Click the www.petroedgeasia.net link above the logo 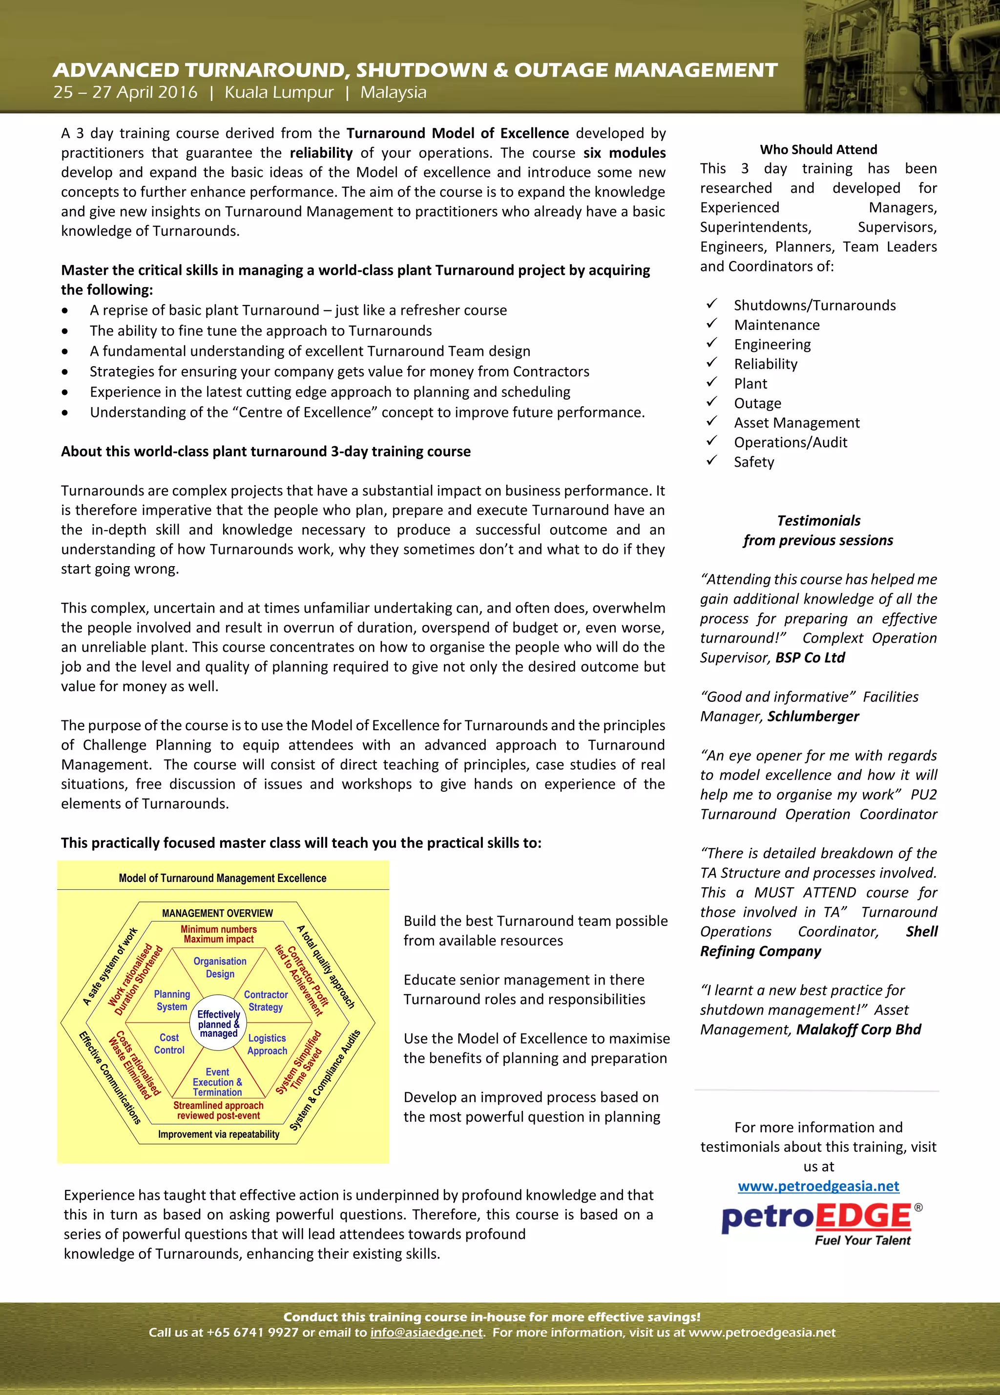[818, 1186]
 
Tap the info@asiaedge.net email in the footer [426, 1332]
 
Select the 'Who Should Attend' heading [818, 149]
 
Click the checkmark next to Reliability [712, 363]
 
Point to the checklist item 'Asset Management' [796, 423]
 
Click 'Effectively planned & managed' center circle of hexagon [218, 1024]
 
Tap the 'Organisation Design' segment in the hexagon [220, 967]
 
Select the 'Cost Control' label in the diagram [169, 1044]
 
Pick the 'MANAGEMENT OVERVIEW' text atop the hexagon [217, 913]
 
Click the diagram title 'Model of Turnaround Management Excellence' [222, 878]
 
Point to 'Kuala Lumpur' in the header [279, 92]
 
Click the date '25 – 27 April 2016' [125, 92]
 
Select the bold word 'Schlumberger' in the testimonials [813, 716]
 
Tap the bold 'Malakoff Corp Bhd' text [858, 1029]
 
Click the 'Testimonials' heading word [818, 520]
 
